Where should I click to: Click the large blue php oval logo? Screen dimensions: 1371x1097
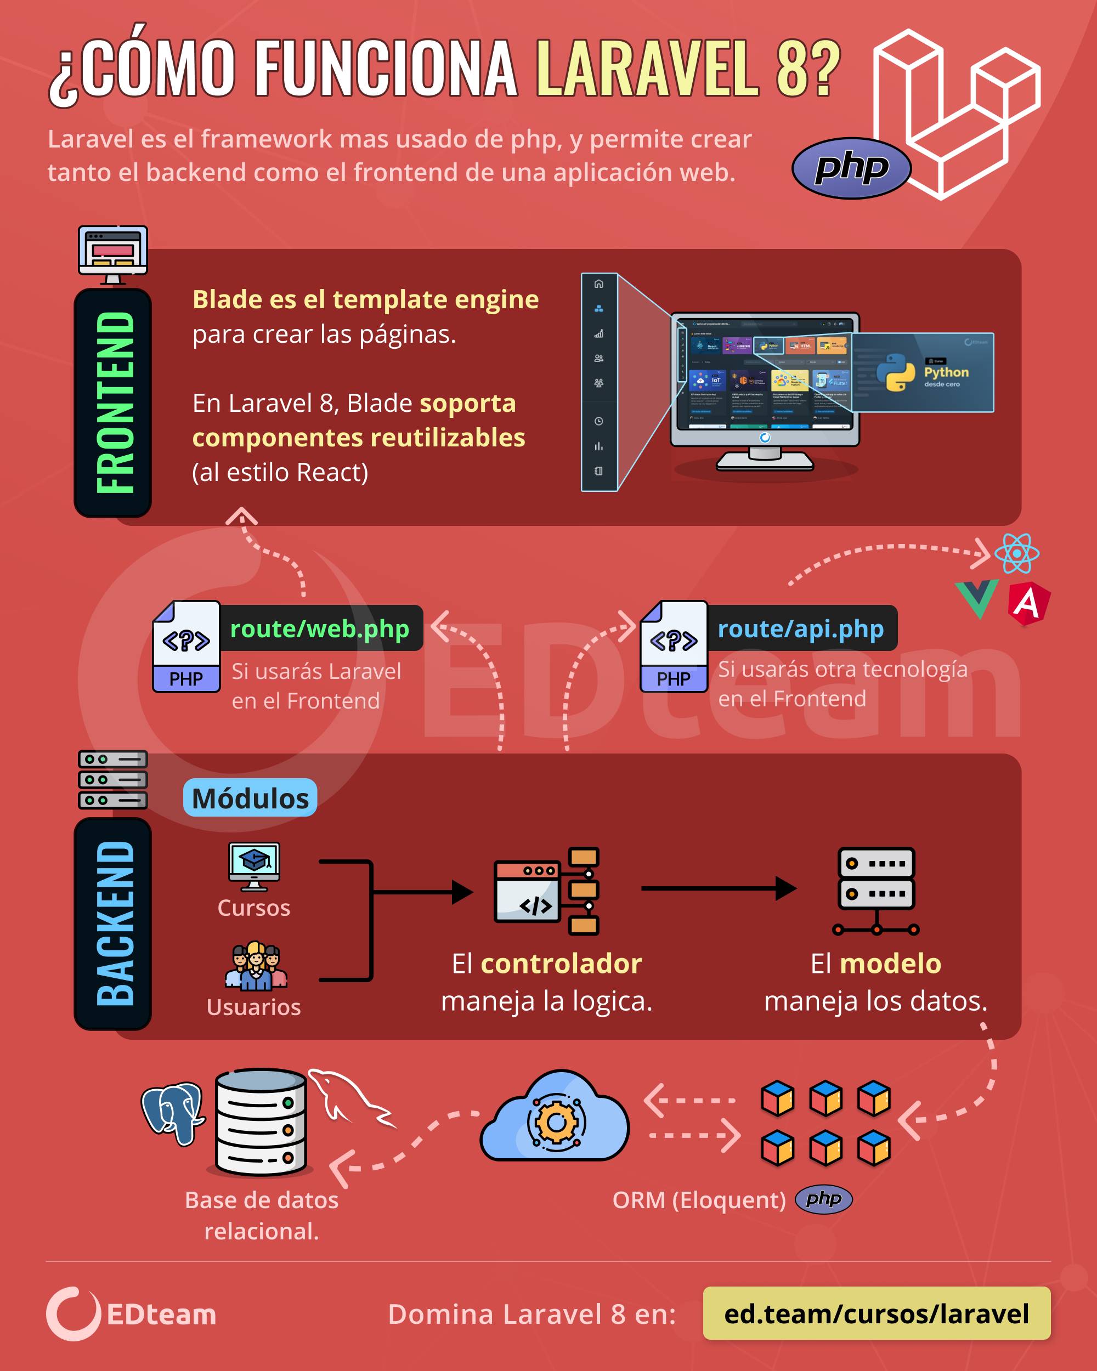coord(851,168)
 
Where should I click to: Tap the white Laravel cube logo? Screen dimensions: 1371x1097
coord(957,115)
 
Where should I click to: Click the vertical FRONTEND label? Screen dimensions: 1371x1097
coord(114,403)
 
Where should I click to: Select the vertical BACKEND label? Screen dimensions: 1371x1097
coord(114,924)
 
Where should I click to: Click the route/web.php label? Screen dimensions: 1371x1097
coord(320,628)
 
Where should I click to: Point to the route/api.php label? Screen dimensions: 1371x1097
coord(801,628)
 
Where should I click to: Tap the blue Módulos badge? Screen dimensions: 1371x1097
coord(250,798)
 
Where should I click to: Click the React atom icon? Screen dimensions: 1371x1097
coord(1017,553)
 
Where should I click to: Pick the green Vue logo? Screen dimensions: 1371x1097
coord(977,598)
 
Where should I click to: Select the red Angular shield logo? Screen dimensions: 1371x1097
coord(1028,603)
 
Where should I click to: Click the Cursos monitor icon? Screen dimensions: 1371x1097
coord(255,866)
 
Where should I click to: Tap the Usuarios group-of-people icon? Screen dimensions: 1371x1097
coord(256,967)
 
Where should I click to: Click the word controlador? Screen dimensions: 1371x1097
coord(561,964)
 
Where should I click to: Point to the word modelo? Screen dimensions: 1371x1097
coord(890,964)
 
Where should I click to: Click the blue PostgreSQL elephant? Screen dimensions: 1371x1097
coord(172,1113)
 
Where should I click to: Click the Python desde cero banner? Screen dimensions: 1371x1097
coord(922,372)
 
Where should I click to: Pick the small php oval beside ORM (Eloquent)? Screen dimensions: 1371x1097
coord(823,1199)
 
